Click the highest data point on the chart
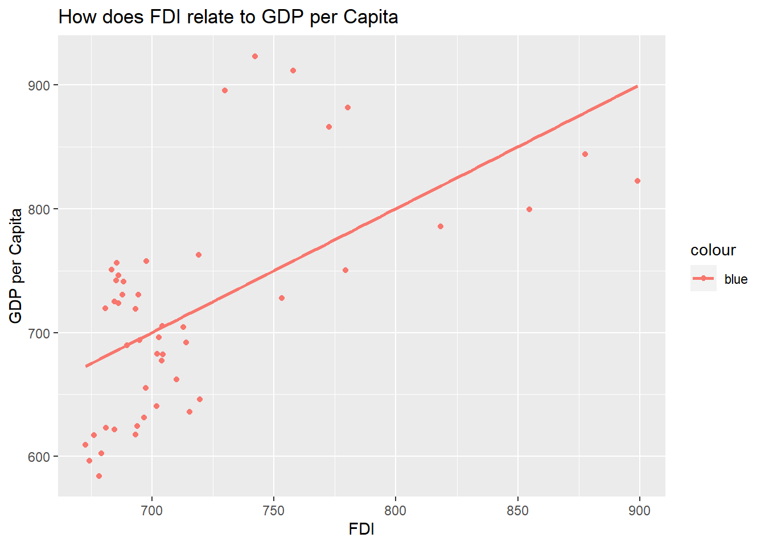[x=255, y=56]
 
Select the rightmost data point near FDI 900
[x=637, y=181]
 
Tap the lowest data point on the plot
[x=99, y=476]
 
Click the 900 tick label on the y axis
[x=40, y=85]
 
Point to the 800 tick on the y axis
[x=40, y=209]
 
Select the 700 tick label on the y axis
[x=40, y=333]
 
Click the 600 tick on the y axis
[x=40, y=457]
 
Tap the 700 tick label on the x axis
[x=151, y=511]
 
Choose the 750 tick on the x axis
[x=273, y=511]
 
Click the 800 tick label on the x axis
[x=395, y=511]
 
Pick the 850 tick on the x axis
[x=517, y=511]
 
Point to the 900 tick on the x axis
[x=639, y=511]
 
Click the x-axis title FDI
[x=361, y=530]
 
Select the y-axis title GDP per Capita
[x=16, y=266]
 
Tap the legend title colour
[x=713, y=250]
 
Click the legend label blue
[x=736, y=279]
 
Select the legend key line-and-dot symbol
[x=704, y=278]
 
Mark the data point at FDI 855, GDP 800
[x=529, y=209]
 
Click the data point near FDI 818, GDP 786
[x=441, y=226]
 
